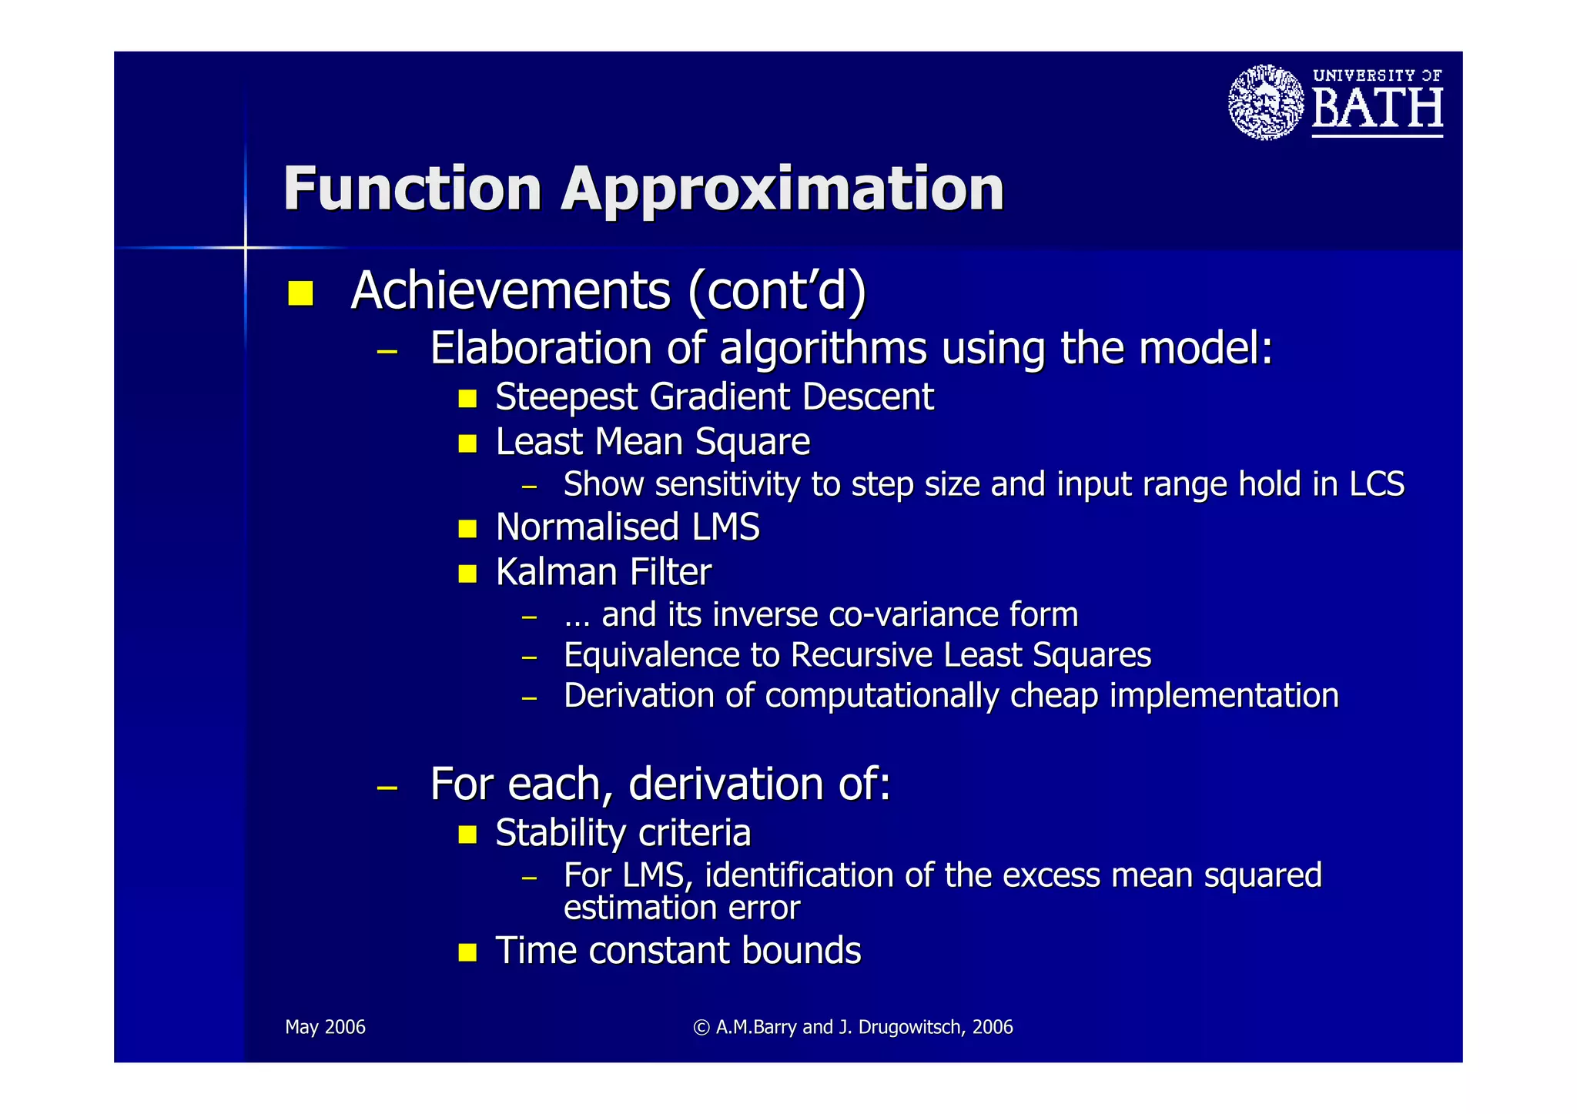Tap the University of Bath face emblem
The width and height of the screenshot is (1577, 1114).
pos(1266,102)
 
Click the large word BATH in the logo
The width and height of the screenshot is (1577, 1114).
pos(1377,109)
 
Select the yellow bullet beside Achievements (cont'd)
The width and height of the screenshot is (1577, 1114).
pos(300,293)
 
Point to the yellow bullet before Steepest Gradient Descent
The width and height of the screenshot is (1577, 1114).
pos(467,398)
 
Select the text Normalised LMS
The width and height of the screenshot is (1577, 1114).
pos(628,527)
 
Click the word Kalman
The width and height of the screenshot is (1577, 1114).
pos(557,572)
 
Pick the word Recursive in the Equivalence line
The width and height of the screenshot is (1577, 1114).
pos(862,655)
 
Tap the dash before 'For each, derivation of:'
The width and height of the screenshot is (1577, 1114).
pos(387,788)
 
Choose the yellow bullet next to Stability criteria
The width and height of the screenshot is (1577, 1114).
pos(467,835)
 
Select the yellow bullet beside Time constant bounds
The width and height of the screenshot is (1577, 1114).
pos(467,952)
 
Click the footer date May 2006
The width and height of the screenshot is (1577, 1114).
pos(325,1027)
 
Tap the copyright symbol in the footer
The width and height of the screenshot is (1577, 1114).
pos(701,1027)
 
